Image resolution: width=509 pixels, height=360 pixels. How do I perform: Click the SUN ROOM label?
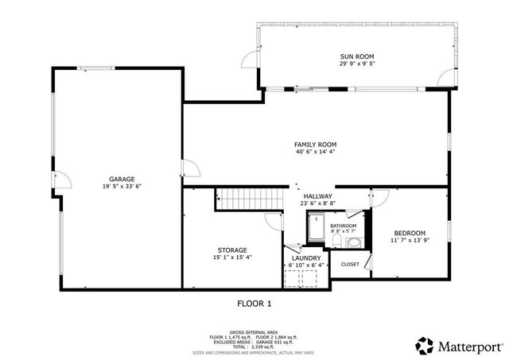click(357, 56)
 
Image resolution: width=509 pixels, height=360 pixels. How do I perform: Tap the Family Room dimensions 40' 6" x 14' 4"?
click(316, 153)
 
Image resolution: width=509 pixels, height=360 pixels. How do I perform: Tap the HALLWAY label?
click(317, 195)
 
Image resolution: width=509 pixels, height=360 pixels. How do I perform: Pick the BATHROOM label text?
click(344, 226)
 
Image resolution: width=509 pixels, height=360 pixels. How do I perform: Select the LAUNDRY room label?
click(306, 258)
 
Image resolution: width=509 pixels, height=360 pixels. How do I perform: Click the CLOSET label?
click(350, 264)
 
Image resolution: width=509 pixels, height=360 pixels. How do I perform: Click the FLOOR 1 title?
click(254, 304)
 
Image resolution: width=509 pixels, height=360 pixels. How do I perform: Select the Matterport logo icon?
click(425, 345)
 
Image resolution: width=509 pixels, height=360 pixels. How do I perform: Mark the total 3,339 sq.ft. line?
click(254, 346)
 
